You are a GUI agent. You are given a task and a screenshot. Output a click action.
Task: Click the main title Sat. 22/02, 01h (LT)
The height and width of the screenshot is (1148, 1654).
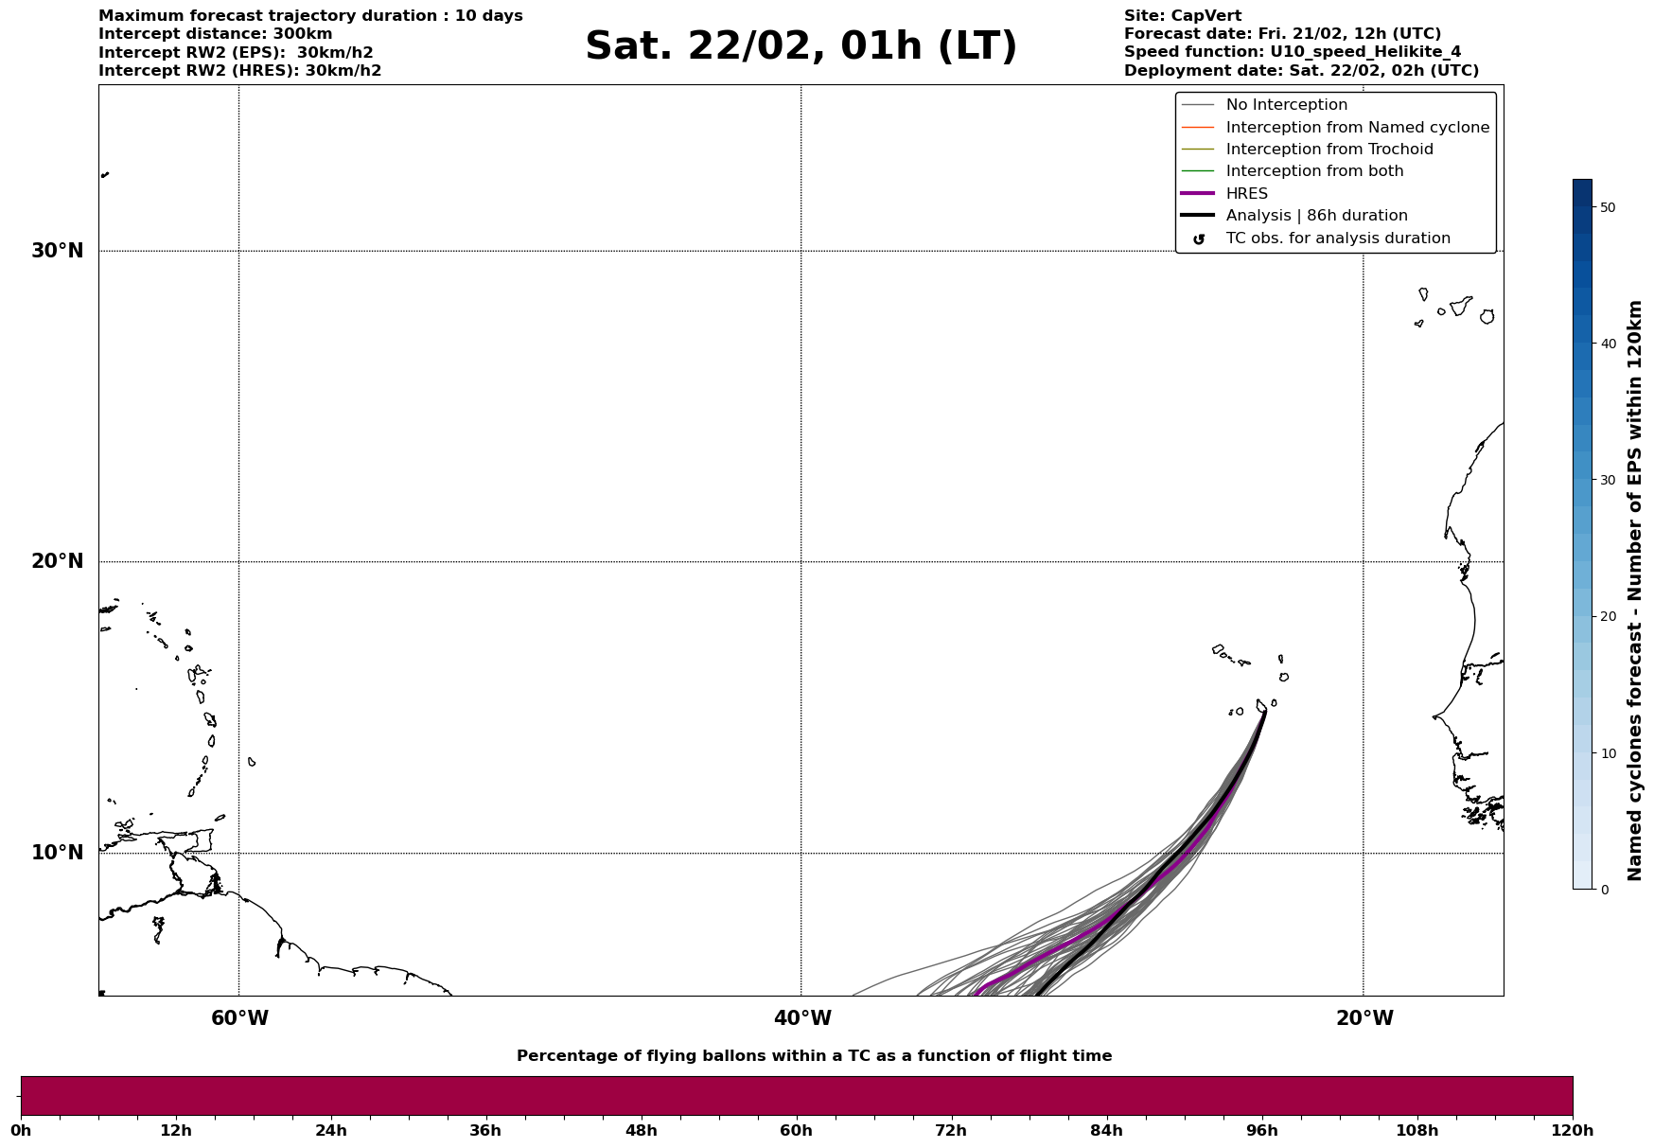801,46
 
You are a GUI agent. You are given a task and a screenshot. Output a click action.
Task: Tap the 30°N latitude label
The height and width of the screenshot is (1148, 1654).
57,251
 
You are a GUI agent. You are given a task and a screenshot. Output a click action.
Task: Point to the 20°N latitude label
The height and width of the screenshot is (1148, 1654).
57,561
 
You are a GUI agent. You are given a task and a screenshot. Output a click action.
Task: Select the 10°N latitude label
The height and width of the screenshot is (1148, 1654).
57,853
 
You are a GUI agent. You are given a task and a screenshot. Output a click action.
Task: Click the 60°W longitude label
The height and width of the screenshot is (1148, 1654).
239,1018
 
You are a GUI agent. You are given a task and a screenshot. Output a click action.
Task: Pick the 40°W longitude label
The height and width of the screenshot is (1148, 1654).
802,1018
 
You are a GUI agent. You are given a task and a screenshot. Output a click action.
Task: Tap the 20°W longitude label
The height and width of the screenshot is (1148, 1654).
1364,1018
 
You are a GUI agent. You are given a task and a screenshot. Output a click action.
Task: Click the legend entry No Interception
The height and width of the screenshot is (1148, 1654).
1286,105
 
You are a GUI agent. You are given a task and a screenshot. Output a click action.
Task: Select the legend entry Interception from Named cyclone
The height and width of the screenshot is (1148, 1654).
1357,128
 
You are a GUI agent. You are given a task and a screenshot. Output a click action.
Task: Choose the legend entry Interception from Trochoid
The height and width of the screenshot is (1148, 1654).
1328,150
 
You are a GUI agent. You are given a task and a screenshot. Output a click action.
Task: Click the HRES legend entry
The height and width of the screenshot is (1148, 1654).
1246,194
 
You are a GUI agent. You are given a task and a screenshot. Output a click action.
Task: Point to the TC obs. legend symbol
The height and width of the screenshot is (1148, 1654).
1199,239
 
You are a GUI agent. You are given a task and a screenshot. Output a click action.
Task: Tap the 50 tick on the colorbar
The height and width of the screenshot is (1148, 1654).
1607,207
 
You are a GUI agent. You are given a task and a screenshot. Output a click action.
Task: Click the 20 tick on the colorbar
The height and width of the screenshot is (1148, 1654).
1607,617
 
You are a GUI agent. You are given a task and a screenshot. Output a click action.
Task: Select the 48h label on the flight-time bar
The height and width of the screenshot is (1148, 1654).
641,1130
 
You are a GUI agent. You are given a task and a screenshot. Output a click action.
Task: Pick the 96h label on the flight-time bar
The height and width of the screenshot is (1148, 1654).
1261,1130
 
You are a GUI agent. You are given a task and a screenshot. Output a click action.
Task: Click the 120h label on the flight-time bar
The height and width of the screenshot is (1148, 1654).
1573,1130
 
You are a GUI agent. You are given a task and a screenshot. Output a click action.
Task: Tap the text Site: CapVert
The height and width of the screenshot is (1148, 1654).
1182,16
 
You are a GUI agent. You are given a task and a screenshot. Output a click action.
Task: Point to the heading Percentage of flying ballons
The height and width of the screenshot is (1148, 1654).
814,1056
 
